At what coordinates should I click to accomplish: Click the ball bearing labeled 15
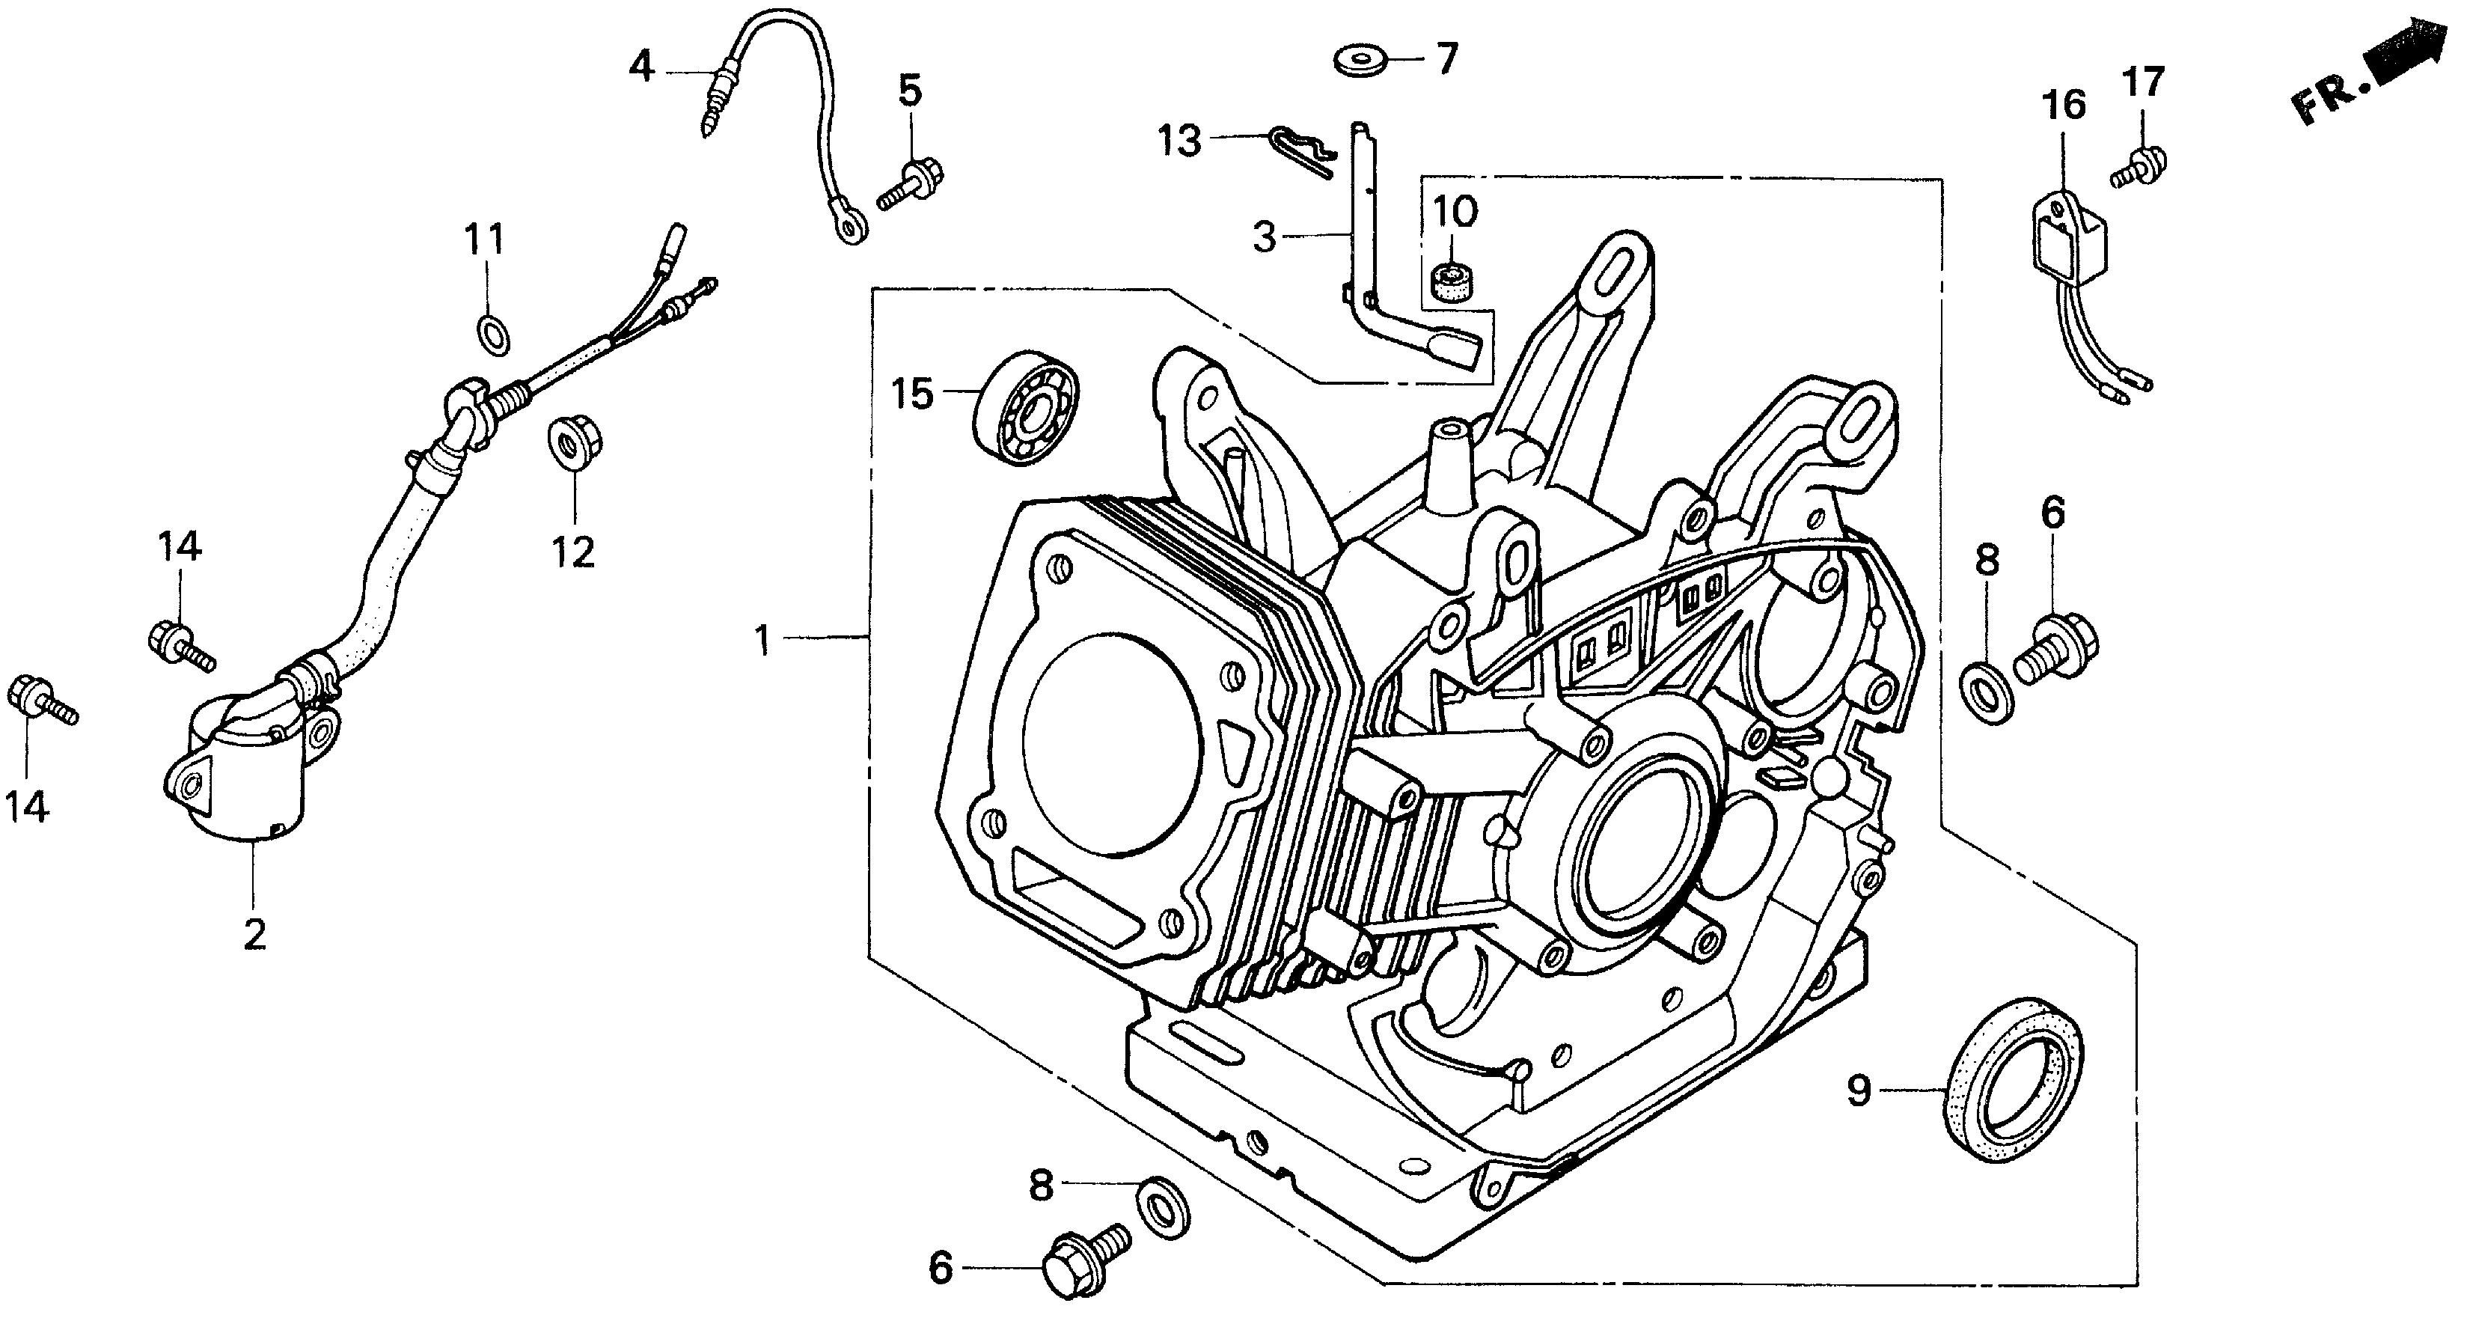(1027, 409)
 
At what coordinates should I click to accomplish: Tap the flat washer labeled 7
(1361, 61)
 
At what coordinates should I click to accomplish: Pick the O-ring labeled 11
(493, 335)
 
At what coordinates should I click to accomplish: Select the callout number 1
(762, 640)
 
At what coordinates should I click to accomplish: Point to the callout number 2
(254, 934)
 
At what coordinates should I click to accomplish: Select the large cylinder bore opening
(1112, 742)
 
